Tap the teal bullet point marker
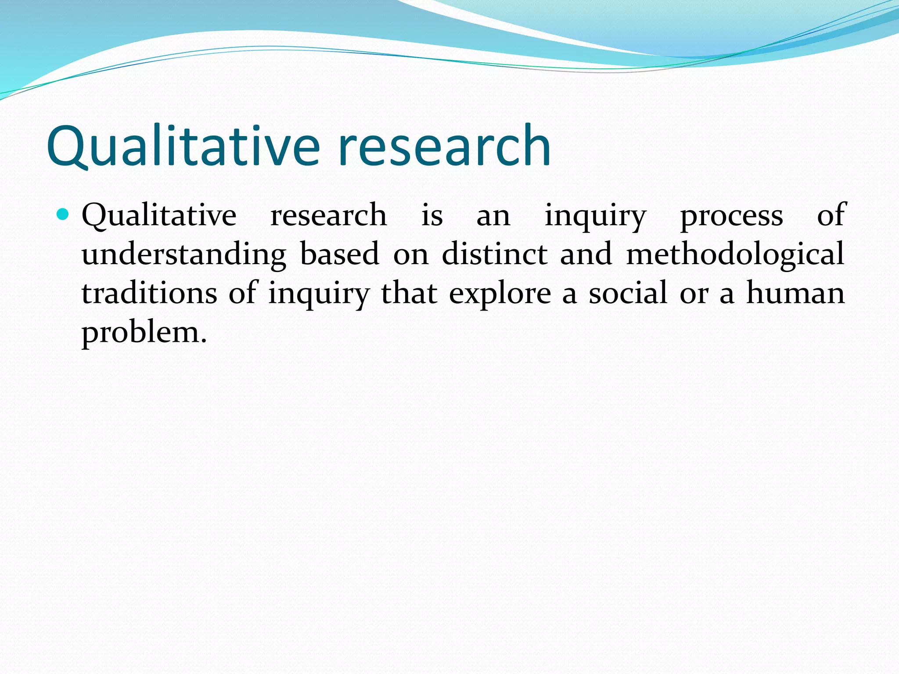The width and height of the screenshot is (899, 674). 63,215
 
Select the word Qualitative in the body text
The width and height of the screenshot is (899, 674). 159,216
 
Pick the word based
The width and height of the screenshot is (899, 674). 339,255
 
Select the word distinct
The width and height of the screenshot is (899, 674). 494,255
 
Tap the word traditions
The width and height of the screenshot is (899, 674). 149,293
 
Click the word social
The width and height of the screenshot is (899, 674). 628,293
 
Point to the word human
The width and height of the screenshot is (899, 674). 795,293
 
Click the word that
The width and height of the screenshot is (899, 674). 409,293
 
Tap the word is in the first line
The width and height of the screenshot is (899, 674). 432,216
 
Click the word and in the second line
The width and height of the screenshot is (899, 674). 586,255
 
